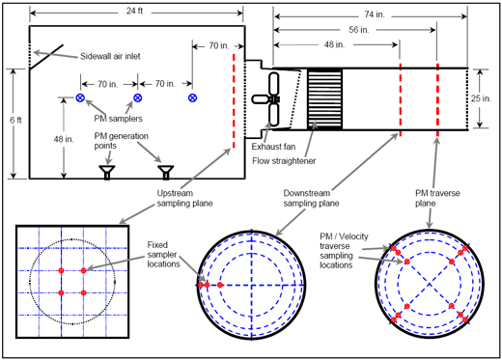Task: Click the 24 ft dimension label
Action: click(x=134, y=11)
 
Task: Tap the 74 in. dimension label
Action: click(x=375, y=14)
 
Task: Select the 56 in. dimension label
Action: click(x=359, y=30)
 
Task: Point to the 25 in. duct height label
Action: click(x=481, y=98)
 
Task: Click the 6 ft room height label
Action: click(x=15, y=120)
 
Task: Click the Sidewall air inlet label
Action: click(x=110, y=56)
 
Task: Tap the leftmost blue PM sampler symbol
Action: click(x=80, y=97)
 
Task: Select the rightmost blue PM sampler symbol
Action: click(x=192, y=97)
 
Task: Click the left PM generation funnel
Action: click(x=107, y=172)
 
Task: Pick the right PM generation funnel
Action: click(x=166, y=172)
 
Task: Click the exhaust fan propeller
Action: click(x=270, y=99)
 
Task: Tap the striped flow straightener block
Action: click(x=324, y=99)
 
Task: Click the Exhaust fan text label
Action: click(x=273, y=147)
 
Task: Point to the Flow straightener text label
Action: click(x=284, y=161)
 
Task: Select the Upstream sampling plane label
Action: click(x=184, y=198)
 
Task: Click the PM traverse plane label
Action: click(x=437, y=198)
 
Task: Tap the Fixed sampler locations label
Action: click(x=163, y=255)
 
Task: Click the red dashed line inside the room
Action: click(x=234, y=101)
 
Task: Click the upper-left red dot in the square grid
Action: click(x=61, y=270)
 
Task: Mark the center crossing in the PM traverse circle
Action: click(x=430, y=284)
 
